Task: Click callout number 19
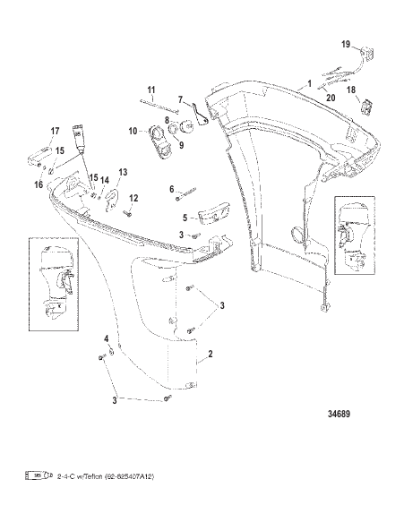tap(346, 44)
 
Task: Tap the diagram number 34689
tap(339, 414)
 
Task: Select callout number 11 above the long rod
tap(151, 90)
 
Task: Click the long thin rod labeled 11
tap(159, 106)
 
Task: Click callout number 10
tap(133, 131)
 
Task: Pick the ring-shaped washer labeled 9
tap(174, 129)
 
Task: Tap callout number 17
tap(55, 131)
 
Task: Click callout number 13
tap(123, 172)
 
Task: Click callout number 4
tap(107, 339)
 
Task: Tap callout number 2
tap(211, 354)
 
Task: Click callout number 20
tap(331, 98)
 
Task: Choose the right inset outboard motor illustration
tap(354, 235)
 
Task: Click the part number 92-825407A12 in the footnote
tap(129, 477)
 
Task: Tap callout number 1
tap(309, 83)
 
